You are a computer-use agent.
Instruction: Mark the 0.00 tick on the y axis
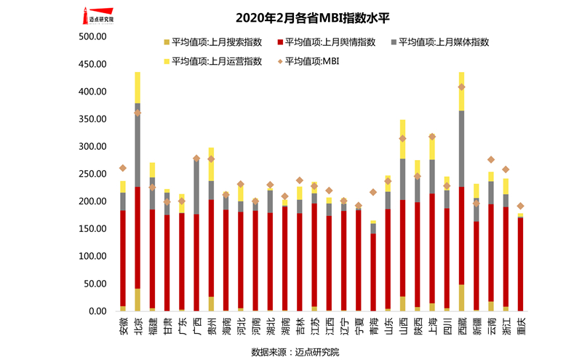pyautogui.click(x=98, y=311)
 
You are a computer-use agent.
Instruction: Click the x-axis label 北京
pyautogui.click(x=137, y=325)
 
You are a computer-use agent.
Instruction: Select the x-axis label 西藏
pyautogui.click(x=461, y=325)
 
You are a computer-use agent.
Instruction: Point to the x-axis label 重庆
pyautogui.click(x=520, y=325)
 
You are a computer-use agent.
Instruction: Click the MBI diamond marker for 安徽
pyautogui.click(x=122, y=168)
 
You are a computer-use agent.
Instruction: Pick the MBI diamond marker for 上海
pyautogui.click(x=432, y=137)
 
